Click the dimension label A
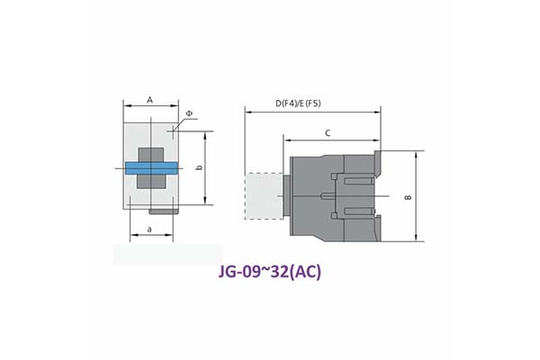click(149, 100)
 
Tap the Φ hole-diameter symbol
click(189, 113)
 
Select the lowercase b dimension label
click(199, 167)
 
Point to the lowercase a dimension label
click(149, 229)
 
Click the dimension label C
click(328, 133)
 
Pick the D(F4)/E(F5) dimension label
click(298, 103)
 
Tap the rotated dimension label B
click(409, 197)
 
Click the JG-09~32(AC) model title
click(270, 272)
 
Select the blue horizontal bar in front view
click(151, 168)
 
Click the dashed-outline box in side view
click(264, 196)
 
